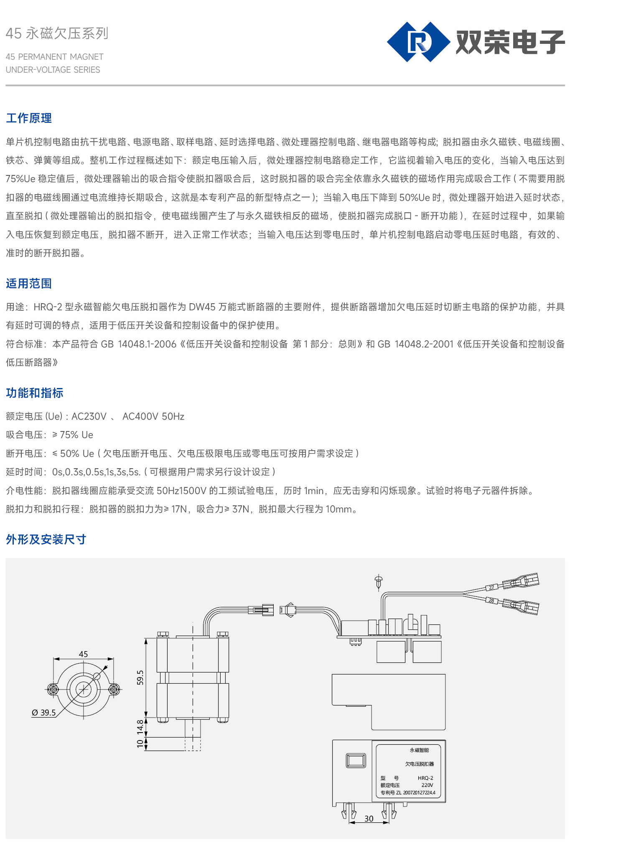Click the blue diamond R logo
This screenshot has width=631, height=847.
418,42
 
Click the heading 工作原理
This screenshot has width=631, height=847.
29,118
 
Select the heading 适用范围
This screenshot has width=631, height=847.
29,284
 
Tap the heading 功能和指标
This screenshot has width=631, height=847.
35,393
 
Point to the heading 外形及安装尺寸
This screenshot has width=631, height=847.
46,540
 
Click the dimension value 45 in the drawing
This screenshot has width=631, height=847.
83,654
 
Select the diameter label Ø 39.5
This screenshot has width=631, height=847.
43,713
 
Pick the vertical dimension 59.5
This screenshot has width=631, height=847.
140,677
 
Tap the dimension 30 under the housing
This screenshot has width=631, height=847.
369,819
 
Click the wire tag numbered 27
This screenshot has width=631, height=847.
491,588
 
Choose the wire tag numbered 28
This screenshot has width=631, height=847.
491,601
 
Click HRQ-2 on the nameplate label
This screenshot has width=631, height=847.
425,778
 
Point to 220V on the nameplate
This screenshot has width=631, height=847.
427,785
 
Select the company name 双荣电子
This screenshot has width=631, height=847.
510,42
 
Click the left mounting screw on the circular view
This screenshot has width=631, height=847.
53,689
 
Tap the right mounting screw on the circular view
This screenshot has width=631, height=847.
114,689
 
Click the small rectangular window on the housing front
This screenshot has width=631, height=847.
356,761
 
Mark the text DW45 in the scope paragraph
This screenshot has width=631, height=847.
202,307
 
